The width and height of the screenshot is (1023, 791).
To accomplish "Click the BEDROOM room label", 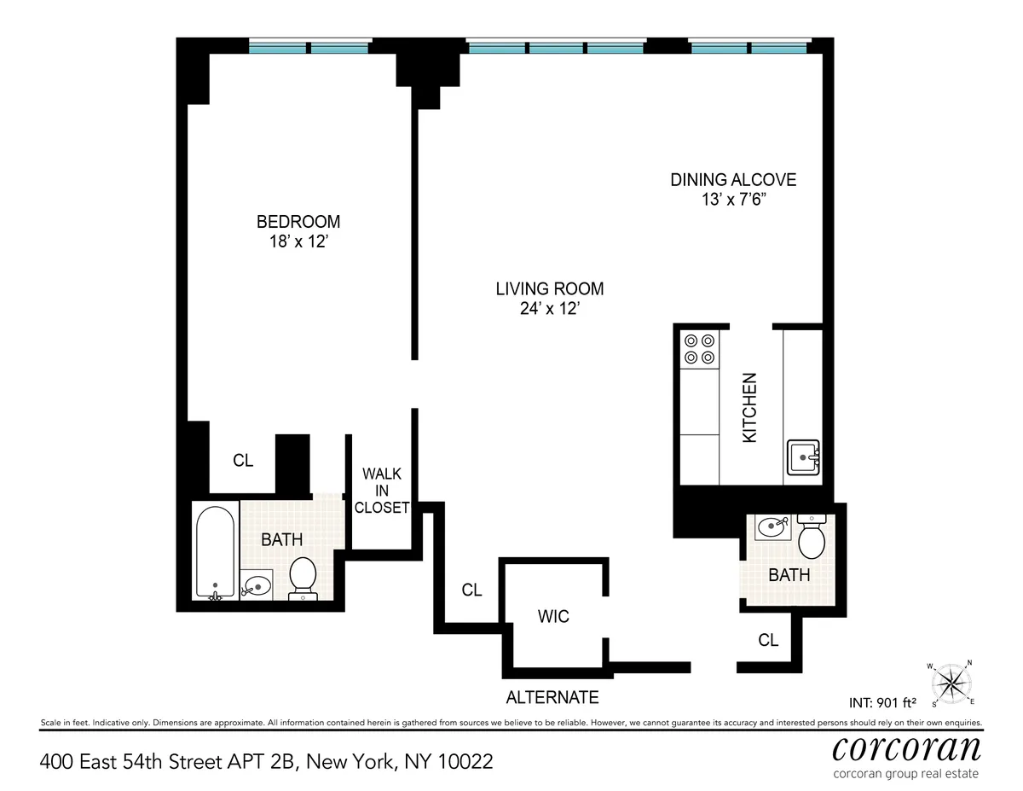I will (298, 222).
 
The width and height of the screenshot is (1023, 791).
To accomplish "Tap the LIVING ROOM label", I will (549, 288).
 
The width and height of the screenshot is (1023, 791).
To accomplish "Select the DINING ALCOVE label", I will (732, 180).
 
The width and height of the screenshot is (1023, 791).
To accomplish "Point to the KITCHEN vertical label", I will (750, 407).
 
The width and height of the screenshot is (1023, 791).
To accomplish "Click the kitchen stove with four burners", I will (699, 349).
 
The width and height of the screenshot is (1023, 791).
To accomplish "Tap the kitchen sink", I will (803, 458).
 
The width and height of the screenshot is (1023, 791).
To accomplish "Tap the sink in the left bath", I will (256, 585).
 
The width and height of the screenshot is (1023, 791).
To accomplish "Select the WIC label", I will (553, 615).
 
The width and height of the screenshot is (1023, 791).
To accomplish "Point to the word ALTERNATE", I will (552, 697).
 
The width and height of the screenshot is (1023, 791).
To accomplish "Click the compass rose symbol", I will (951, 683).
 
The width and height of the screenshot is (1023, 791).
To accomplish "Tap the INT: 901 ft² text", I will (882, 703).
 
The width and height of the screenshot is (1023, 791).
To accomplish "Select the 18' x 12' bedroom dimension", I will (298, 242).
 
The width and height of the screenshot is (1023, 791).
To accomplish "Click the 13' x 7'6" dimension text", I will (732, 201).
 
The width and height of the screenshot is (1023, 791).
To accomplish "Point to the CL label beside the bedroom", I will (243, 461).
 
